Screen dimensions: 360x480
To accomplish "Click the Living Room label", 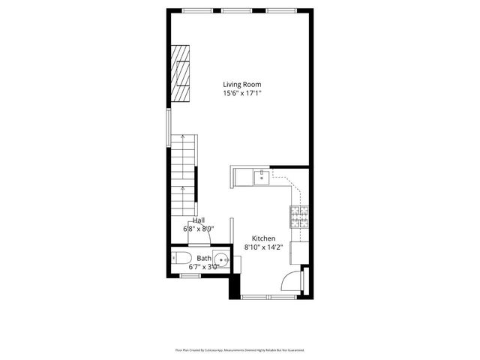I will point(242,85).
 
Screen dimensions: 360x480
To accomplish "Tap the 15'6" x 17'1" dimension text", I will point(242,94).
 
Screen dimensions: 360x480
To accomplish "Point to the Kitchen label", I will point(263,238).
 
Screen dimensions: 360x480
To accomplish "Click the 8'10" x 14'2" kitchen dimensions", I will point(263,247).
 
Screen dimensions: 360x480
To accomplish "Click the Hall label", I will point(199,220).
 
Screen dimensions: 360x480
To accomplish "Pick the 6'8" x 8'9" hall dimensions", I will point(199,229).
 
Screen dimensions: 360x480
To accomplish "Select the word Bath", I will point(204,258).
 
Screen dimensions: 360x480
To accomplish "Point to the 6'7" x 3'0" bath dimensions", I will point(204,266).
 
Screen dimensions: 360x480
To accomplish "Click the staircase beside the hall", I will point(183,173).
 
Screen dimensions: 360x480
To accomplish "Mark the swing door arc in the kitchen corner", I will point(289,281).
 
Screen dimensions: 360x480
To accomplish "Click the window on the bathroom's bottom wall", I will point(190,276).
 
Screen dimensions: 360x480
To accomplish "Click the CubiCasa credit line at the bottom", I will point(240,349).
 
